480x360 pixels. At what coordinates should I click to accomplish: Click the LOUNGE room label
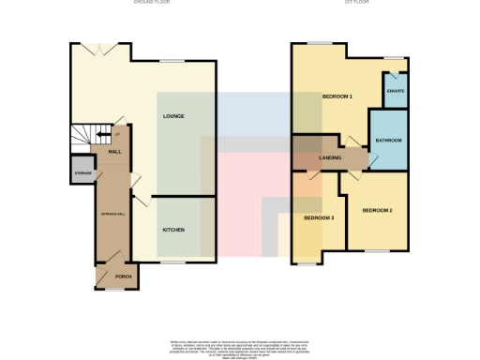point(172,116)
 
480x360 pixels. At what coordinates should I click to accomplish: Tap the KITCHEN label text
point(173,230)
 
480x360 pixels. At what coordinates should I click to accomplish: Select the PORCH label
point(123,277)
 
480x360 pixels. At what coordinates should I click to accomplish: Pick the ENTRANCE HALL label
point(112,217)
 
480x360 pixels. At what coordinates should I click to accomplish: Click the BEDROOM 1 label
point(337,97)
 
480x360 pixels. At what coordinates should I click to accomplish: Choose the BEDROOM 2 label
point(377,210)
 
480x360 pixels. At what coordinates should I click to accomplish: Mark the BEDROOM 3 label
point(318,218)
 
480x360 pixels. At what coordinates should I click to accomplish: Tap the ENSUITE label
point(395,91)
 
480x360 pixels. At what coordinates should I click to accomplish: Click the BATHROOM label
point(388,140)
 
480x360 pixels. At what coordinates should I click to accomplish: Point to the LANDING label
point(330,157)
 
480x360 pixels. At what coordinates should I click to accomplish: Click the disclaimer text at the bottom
point(239,347)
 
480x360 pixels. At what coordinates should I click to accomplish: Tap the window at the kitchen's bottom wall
point(173,262)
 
